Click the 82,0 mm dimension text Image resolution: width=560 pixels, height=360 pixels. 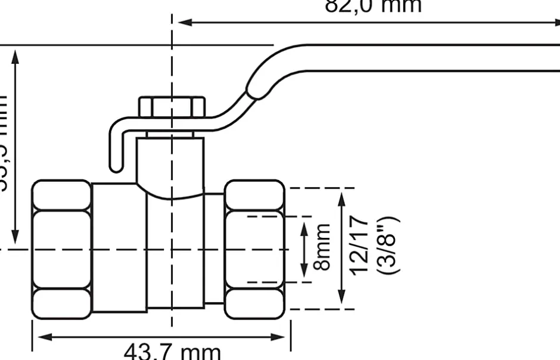(373, 6)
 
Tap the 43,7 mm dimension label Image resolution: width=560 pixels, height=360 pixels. (172, 350)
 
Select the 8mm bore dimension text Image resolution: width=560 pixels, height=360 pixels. (322, 247)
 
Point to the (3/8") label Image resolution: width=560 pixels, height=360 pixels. (388, 246)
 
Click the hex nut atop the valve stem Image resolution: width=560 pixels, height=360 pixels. (172, 107)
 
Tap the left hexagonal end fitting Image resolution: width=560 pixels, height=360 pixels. (61, 249)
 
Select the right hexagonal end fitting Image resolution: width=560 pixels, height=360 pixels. (254, 249)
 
